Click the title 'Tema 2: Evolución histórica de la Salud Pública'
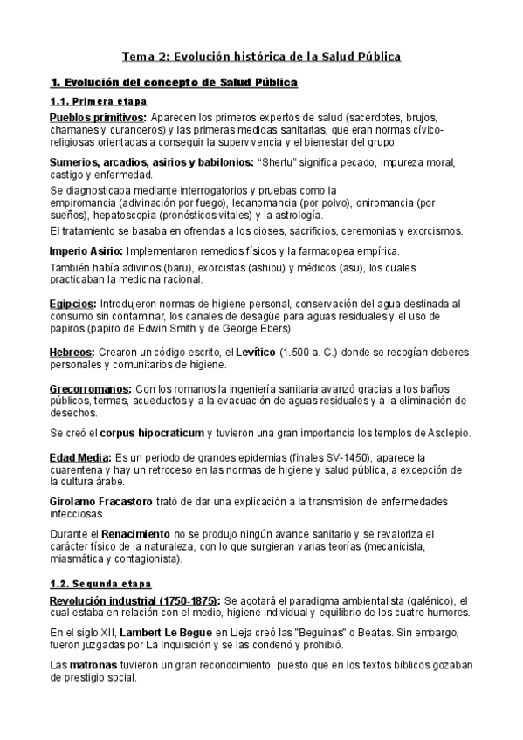pos(261,57)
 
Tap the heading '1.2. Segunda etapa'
pos(100,583)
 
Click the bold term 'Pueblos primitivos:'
pos(98,118)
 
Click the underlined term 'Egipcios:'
pos(72,304)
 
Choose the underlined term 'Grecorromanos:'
pos(91,388)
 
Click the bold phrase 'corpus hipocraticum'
pos(154,433)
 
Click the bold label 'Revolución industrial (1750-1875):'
pos(135,601)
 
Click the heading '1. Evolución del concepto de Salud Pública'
pos(175,83)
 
